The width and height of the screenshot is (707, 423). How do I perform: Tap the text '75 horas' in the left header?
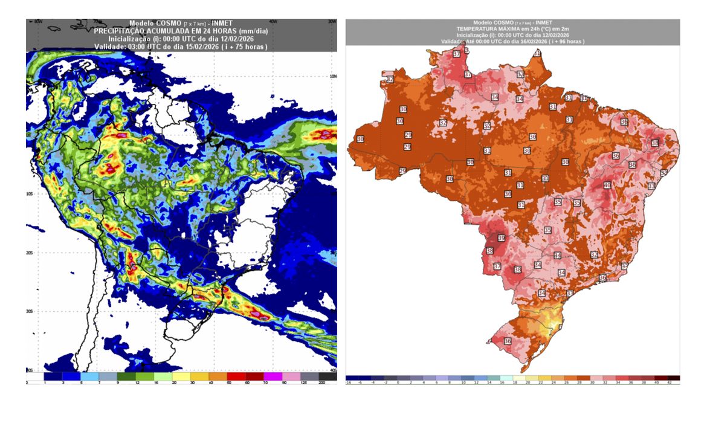(x=248, y=46)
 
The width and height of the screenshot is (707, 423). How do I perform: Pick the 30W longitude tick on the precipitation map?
(x=331, y=21)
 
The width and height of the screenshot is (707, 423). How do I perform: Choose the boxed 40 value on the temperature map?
(x=607, y=185)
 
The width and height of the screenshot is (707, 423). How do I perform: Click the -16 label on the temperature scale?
(x=349, y=383)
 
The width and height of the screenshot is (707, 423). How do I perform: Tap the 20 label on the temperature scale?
(x=517, y=383)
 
